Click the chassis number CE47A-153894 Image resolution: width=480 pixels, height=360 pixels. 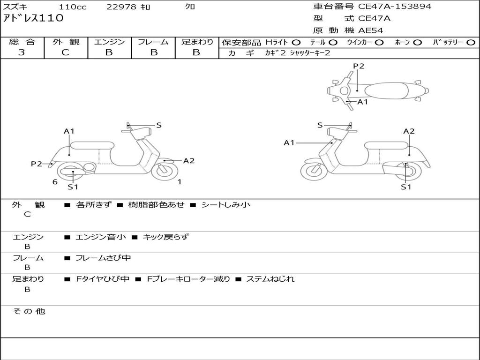tap(395, 7)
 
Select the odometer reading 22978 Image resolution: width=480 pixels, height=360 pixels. tap(121, 7)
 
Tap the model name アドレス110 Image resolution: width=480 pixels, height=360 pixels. tap(33, 18)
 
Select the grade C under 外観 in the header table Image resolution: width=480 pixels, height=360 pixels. tap(66, 52)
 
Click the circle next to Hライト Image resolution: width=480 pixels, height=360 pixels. tap(296, 43)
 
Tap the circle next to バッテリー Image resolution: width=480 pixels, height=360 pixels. tap(471, 43)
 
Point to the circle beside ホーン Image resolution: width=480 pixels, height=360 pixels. tap(418, 43)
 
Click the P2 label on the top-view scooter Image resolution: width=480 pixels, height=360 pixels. tap(359, 66)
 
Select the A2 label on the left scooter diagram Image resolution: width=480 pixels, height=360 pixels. tap(189, 161)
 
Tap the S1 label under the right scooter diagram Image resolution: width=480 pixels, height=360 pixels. tap(406, 187)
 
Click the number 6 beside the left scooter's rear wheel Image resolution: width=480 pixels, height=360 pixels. tap(55, 182)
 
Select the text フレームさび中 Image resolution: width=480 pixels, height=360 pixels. tap(103, 258)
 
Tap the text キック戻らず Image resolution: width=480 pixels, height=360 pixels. tap(165, 237)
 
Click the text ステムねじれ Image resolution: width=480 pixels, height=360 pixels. tap(270, 279)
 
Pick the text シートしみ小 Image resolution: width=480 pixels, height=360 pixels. tap(226, 204)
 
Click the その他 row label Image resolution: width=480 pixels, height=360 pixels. tap(29, 311)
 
